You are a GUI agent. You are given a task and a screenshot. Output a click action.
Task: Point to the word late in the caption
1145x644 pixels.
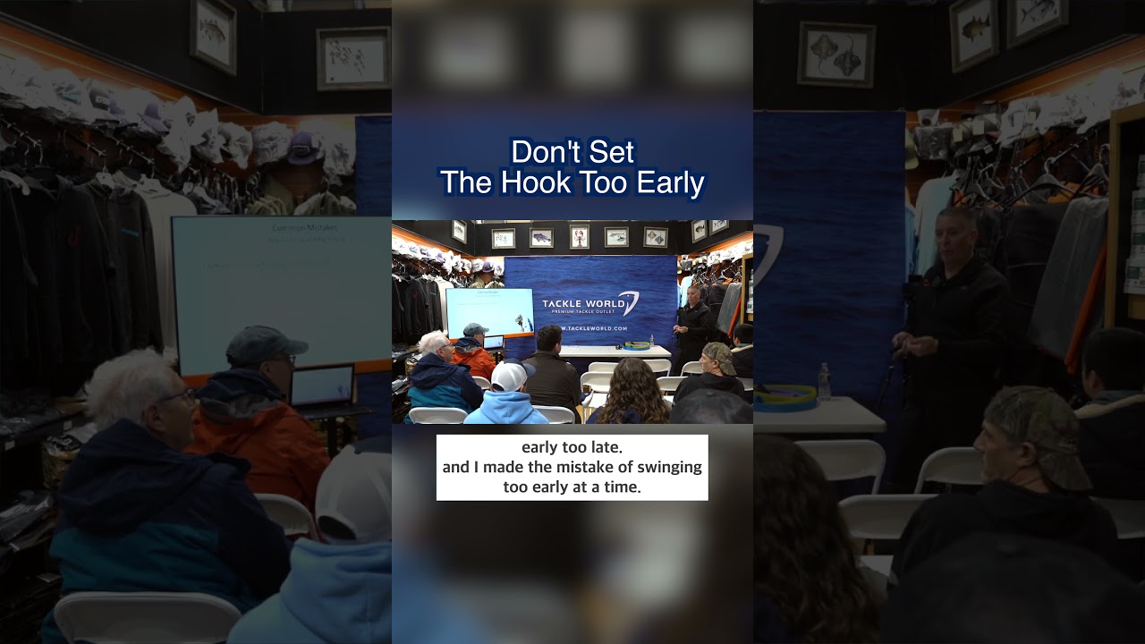(605, 446)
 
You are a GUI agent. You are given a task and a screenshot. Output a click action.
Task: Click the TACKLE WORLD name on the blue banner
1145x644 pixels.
(579, 304)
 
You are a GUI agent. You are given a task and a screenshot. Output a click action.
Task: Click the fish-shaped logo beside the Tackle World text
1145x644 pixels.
(629, 303)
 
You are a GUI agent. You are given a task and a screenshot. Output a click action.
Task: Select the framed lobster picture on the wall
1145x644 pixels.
(579, 235)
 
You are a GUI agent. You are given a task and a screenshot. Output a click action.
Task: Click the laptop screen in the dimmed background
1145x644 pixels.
(321, 386)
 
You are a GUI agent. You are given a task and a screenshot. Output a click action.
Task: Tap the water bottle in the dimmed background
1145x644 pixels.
(824, 381)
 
